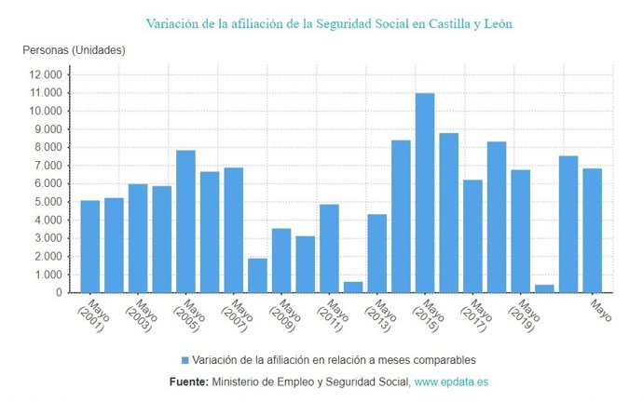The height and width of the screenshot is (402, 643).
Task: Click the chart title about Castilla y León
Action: click(329, 22)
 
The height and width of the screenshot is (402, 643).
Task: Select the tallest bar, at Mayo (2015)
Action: click(425, 193)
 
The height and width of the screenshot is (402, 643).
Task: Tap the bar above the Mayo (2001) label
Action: click(89, 246)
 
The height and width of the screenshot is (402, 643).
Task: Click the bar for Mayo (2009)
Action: click(281, 260)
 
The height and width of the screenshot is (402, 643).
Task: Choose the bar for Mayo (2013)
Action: click(376, 253)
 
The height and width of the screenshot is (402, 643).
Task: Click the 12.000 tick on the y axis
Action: click(46, 74)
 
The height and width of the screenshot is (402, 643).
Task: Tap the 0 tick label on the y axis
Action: click(58, 292)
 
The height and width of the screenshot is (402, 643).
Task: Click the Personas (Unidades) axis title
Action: click(73, 49)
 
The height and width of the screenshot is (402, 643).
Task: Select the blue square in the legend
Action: click(185, 359)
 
